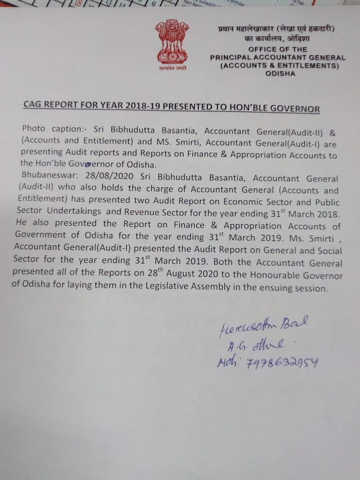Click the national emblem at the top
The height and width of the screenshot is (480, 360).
[172, 42]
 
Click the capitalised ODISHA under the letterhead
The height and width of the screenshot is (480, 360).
[281, 73]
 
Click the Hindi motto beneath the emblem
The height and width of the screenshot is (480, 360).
[172, 68]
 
